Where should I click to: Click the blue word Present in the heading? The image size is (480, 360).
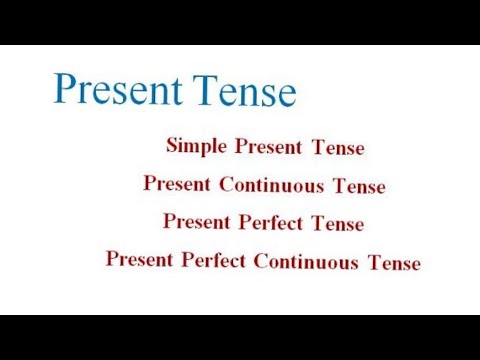(114, 89)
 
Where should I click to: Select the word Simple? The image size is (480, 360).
(197, 145)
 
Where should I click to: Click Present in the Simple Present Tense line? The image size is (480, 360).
(269, 148)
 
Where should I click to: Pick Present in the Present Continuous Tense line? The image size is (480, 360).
(177, 183)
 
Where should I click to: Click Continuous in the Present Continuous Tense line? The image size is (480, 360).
(271, 185)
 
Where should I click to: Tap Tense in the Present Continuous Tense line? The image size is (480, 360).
(359, 187)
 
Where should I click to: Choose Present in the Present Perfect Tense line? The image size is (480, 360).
(197, 220)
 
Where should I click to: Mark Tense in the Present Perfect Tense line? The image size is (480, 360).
(337, 224)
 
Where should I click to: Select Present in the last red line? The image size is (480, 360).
(140, 258)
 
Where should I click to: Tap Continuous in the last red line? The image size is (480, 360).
(306, 262)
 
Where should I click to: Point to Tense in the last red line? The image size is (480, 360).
(394, 264)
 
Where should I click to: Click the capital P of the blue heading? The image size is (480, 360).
(65, 87)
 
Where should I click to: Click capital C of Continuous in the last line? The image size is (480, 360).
(260, 262)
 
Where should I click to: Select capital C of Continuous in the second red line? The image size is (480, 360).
(225, 185)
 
